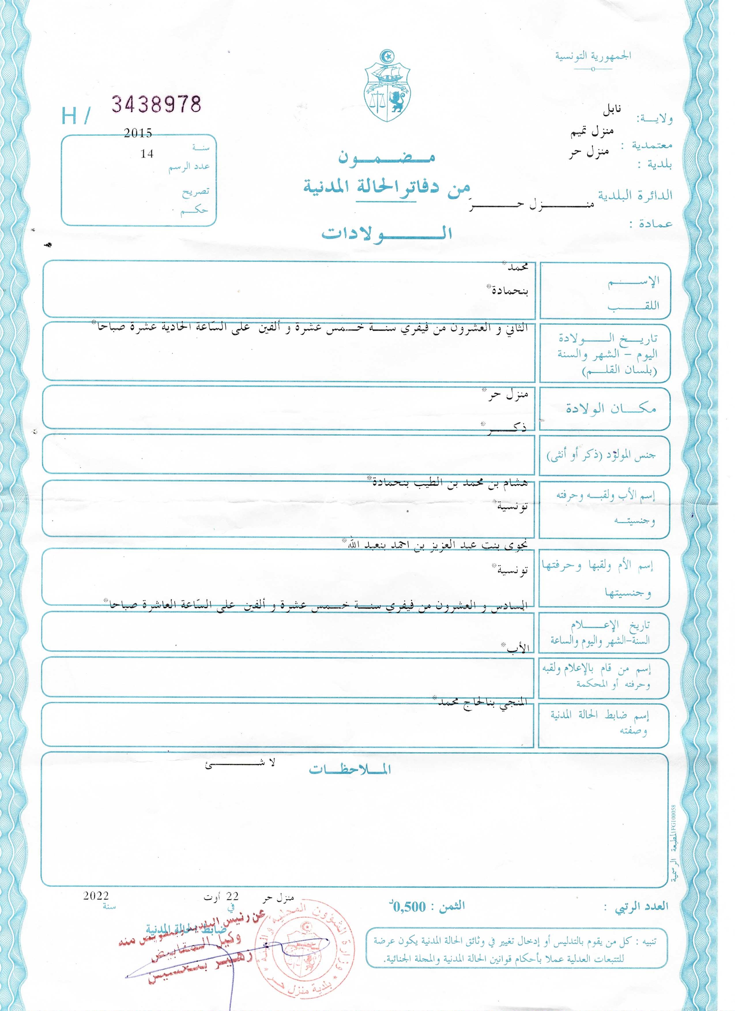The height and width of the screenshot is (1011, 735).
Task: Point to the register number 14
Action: coord(147,154)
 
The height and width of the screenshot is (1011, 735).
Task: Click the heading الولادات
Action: coord(387,233)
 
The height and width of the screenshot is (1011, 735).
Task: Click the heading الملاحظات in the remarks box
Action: coord(350,771)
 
